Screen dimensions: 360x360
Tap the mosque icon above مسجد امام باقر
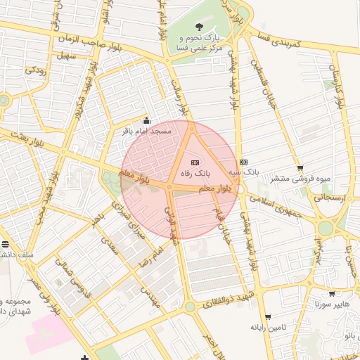(146, 120)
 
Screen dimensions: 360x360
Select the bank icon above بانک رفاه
(195, 162)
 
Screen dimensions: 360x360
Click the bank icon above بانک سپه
(243, 162)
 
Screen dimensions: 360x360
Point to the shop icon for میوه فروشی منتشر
(301, 168)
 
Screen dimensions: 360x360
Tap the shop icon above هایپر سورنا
(332, 294)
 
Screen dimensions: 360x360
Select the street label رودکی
(35, 70)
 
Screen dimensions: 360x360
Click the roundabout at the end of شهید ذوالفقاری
(190, 307)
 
